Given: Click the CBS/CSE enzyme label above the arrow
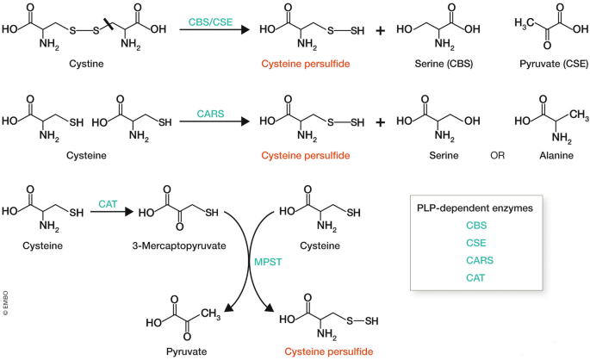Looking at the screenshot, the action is (210, 22).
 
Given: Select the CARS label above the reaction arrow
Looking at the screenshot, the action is (210, 114).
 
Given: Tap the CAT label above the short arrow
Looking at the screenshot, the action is (108, 204).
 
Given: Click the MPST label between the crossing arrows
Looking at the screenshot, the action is (268, 262).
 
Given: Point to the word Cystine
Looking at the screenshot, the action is (86, 64).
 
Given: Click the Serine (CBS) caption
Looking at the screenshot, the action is (444, 64).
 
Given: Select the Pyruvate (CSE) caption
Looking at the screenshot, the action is (554, 64).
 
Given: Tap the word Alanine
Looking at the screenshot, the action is (556, 155).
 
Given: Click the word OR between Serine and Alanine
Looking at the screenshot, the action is (498, 155).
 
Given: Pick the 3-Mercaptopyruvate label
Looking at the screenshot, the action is (179, 246).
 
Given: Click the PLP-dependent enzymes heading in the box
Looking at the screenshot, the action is (475, 208).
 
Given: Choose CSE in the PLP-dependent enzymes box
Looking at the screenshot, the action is (476, 243).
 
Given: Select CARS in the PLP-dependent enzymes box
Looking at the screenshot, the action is (480, 260).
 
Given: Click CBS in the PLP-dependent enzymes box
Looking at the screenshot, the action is (476, 226).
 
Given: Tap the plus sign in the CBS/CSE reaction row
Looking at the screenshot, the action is (381, 30).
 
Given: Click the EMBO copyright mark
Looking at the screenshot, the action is (5, 303).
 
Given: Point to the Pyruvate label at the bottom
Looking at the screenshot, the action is (186, 351).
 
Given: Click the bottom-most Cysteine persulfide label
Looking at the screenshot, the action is (329, 351).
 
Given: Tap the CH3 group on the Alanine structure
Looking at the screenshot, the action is (579, 115).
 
